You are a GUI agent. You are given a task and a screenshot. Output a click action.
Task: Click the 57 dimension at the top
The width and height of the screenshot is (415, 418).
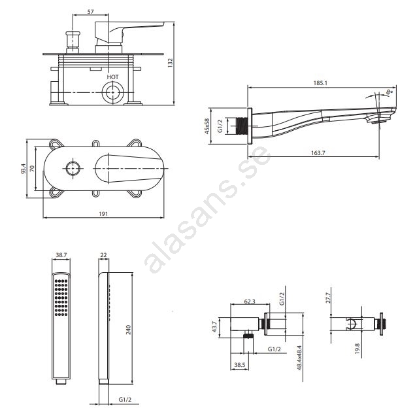[91, 12]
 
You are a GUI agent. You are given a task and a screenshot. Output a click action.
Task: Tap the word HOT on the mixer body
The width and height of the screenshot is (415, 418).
[112, 77]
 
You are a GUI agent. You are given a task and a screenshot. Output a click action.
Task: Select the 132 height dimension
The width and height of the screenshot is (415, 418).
[171, 63]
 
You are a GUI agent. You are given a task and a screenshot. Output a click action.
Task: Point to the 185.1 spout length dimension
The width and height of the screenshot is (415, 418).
[320, 83]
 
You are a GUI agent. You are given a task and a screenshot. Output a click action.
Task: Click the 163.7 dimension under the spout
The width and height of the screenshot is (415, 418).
[318, 153]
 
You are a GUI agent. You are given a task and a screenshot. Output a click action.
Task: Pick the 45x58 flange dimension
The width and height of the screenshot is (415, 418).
[207, 126]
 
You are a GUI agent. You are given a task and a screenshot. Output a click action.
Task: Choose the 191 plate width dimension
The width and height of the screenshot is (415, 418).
[103, 214]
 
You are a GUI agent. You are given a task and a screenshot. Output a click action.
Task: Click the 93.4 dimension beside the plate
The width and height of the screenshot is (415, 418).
[24, 169]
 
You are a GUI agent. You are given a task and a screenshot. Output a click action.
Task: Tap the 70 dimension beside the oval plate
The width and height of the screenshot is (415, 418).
[32, 169]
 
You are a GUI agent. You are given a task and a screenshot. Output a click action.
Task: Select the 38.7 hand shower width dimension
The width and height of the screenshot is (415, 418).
[61, 255]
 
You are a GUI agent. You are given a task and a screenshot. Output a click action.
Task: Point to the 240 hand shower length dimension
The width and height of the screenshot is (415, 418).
[128, 330]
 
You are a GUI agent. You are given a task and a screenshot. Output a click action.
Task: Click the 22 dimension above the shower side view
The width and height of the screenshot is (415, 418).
[103, 255]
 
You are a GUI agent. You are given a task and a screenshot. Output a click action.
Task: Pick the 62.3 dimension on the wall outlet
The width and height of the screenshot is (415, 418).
[250, 302]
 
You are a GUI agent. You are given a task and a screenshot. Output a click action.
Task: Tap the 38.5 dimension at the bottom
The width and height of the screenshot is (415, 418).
[240, 364]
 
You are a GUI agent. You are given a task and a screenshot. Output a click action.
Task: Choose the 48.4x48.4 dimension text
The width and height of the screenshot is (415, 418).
[299, 358]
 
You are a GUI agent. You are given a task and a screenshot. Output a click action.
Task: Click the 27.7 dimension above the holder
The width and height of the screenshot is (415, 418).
[328, 298]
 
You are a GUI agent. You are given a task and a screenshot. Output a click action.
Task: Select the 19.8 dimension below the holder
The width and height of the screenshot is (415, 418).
[357, 349]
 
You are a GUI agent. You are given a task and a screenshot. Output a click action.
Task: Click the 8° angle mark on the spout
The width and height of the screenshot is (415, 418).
[390, 92]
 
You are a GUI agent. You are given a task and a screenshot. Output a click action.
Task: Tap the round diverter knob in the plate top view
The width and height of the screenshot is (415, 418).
[73, 169]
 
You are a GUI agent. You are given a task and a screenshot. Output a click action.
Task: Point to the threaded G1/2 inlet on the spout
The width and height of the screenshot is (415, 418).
[242, 126]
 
